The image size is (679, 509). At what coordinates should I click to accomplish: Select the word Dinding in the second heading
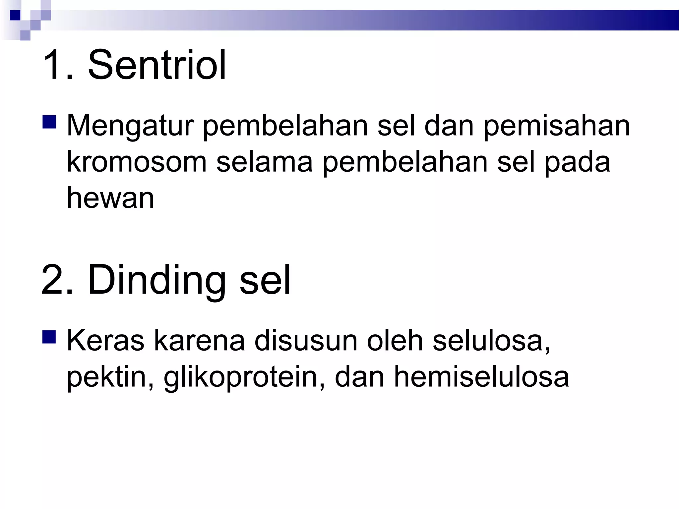point(156,280)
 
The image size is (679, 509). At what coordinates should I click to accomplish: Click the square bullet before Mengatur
point(49,122)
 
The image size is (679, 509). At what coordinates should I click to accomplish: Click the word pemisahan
point(557,126)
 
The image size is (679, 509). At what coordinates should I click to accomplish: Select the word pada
point(577,162)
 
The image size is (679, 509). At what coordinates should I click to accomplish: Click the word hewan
point(111,198)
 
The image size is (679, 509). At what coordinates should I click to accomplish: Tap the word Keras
point(105,341)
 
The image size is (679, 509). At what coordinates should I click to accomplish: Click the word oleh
point(395,341)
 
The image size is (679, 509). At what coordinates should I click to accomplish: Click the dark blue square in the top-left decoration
point(15,15)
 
